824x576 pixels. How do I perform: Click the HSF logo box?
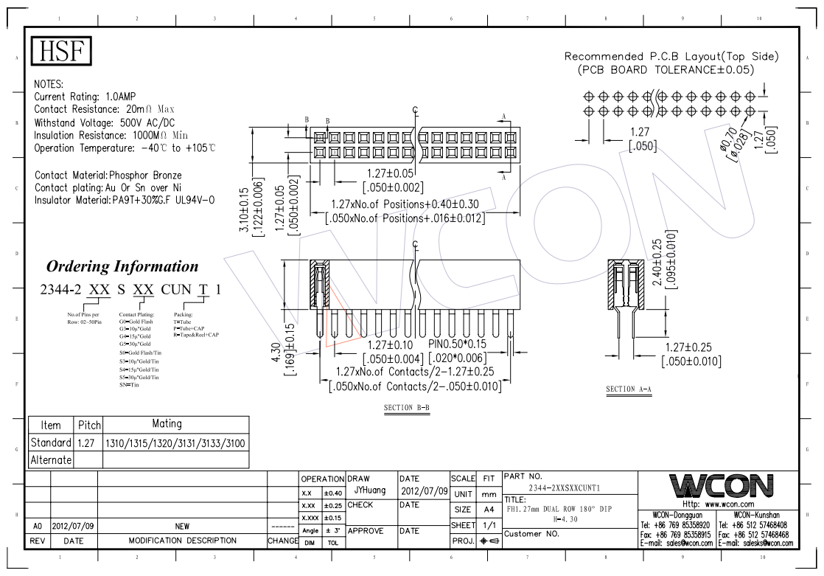tap(63, 51)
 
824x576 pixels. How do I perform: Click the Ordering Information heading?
tap(122, 266)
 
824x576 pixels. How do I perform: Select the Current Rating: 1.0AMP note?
tap(85, 97)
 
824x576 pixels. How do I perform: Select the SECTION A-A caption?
tap(629, 389)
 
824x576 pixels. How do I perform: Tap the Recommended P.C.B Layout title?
tap(671, 57)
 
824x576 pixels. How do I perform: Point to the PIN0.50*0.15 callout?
tap(457, 344)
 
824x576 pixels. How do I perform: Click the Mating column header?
tap(166, 424)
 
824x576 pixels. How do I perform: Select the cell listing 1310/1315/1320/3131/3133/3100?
tap(175, 443)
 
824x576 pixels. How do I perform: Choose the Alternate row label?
tap(51, 459)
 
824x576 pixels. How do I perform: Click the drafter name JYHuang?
tap(371, 490)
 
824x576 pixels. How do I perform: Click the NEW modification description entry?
tap(183, 527)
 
